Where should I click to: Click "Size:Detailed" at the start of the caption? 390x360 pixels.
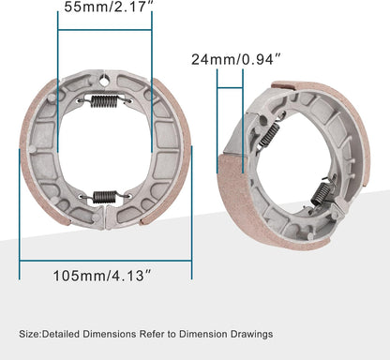[x=48, y=334]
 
